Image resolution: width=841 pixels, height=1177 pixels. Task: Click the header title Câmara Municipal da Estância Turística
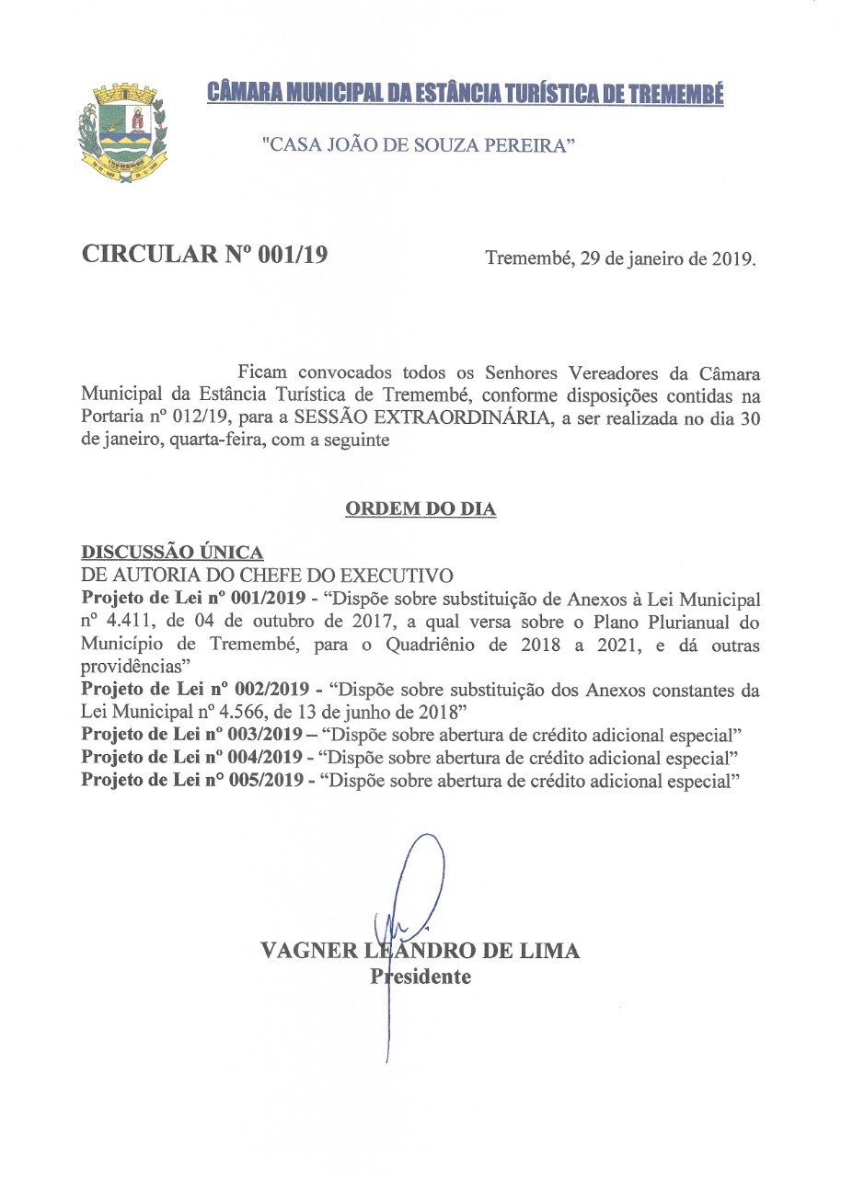465,94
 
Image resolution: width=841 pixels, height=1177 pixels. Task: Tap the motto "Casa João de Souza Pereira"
419,144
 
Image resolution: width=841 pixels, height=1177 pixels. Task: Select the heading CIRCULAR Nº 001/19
205,256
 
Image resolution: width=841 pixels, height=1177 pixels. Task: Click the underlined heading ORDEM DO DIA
420,509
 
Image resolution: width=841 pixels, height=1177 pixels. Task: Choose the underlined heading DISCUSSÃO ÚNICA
172,553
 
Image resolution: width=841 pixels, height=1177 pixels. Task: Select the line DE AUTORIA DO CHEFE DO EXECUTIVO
268,577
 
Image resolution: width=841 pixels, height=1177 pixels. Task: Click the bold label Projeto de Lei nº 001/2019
192,599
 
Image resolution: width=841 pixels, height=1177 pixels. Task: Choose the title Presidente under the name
420,977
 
